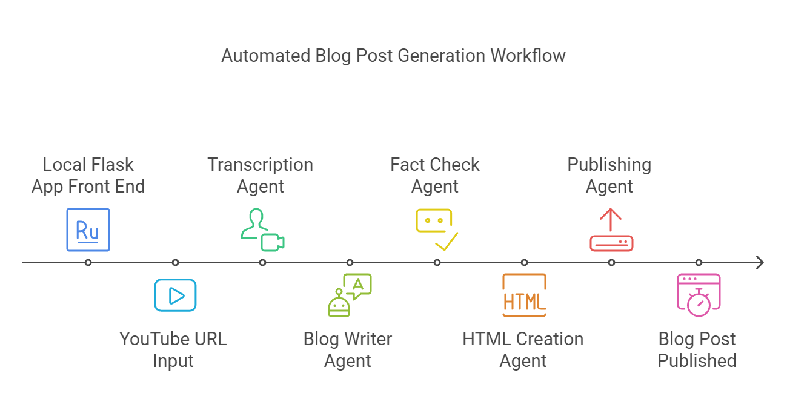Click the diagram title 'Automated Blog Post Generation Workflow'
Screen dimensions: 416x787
pos(393,56)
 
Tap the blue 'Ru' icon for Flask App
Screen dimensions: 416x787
pos(88,229)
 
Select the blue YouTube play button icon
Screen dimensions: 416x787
pos(175,295)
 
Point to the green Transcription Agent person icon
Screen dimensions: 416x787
pos(262,229)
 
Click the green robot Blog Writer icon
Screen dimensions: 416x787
pos(350,295)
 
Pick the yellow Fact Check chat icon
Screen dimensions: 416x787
pos(437,229)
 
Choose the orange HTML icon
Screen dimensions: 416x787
pos(524,295)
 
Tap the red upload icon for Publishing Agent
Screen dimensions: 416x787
pos(611,229)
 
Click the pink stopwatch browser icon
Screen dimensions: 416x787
pos(699,295)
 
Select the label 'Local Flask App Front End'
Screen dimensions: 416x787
pos(88,176)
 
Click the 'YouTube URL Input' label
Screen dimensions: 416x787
pos(173,349)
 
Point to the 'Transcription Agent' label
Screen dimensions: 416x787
pos(261,176)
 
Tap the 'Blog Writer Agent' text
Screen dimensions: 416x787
pos(348,349)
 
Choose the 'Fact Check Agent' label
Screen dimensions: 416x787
pos(435,176)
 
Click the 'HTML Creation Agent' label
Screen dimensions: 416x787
pos(523,349)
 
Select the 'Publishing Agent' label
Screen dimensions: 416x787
pos(609,176)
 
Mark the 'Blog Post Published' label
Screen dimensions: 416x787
pos(697,349)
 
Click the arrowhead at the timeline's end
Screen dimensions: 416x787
pos(760,263)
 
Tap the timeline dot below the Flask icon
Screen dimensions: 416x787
pos(88,263)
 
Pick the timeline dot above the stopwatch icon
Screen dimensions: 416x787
pos(699,263)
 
